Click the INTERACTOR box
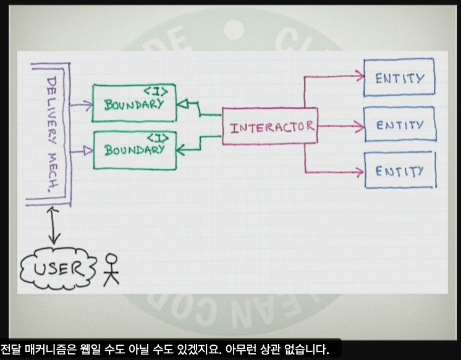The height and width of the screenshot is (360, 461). click(269, 127)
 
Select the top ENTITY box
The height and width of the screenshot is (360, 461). click(399, 78)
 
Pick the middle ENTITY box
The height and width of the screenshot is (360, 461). click(399, 125)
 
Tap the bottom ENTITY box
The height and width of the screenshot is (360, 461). click(399, 169)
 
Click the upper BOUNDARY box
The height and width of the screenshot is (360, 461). click(133, 104)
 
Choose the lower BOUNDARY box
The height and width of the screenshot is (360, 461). click(133, 150)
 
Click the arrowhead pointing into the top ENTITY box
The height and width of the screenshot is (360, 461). click(359, 76)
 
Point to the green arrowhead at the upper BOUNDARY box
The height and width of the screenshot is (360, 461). click(182, 104)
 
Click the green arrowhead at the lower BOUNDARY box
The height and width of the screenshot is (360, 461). click(181, 149)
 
